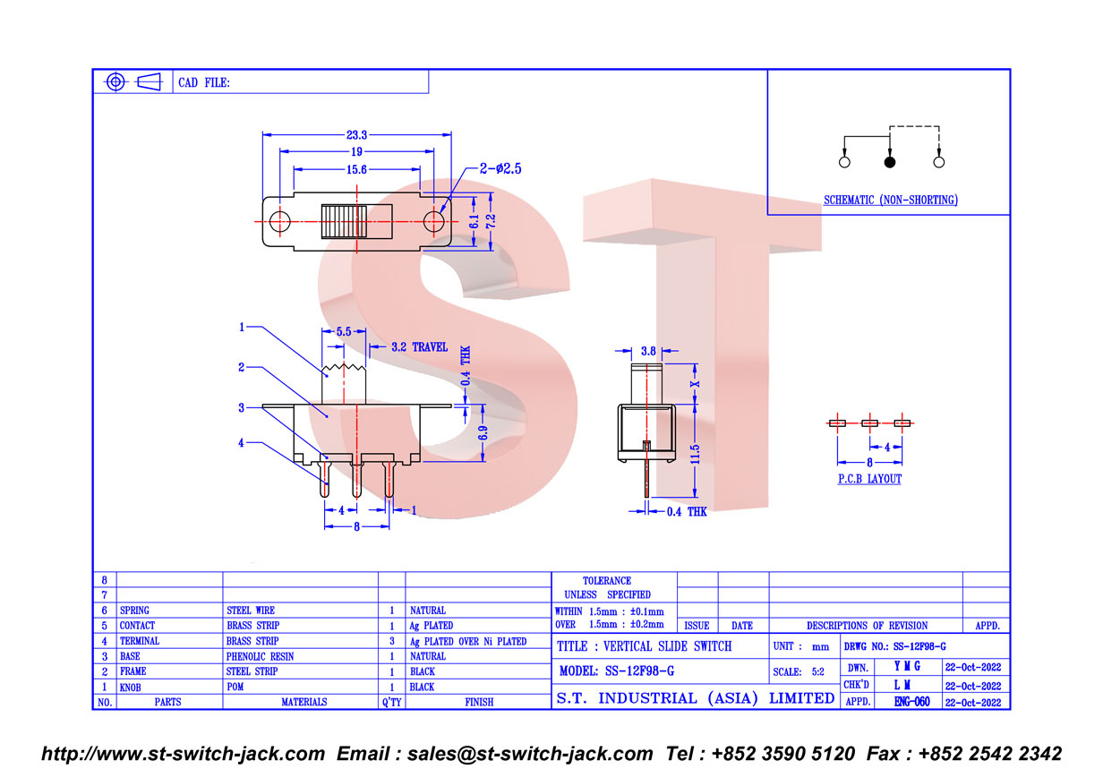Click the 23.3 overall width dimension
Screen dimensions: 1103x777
(356, 134)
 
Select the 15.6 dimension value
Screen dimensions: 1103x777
(356, 169)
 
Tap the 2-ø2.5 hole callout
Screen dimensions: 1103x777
(500, 168)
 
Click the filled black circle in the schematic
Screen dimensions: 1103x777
(889, 162)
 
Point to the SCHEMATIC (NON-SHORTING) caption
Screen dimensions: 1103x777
(890, 200)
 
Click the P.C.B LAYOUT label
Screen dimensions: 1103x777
(869, 479)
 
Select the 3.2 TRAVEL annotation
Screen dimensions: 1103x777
(420, 346)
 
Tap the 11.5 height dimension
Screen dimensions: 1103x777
(695, 454)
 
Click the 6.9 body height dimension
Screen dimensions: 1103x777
(483, 433)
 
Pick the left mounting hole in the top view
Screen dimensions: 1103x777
(279, 222)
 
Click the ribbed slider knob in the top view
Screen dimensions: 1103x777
(344, 222)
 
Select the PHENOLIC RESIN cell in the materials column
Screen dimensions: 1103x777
(260, 656)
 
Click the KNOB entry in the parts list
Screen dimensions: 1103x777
(130, 687)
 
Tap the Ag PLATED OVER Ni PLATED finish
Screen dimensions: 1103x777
(468, 641)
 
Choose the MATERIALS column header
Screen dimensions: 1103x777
(304, 702)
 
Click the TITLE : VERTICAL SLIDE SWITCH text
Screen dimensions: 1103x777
(644, 646)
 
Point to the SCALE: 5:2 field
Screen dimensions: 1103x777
(799, 671)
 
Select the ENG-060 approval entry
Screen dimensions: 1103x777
(912, 702)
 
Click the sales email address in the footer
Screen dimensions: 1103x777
(530, 754)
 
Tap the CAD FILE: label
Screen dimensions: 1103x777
(204, 82)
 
